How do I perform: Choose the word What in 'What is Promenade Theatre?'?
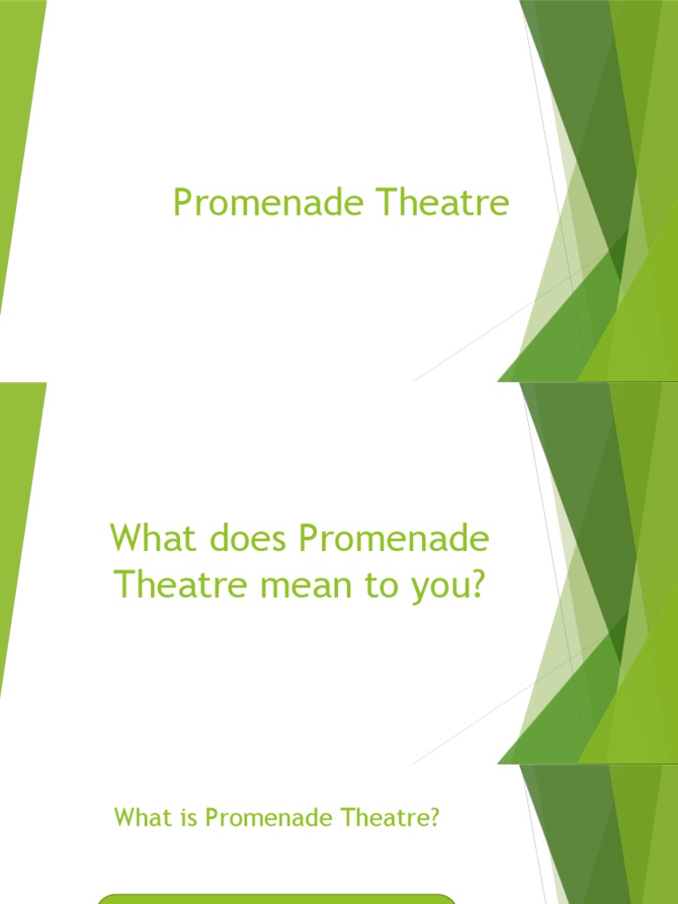pyautogui.click(x=134, y=818)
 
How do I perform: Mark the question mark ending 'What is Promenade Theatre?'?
pyautogui.click(x=433, y=818)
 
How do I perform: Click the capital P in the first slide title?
pyautogui.click(x=183, y=204)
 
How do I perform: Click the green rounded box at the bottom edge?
pyautogui.click(x=276, y=898)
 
